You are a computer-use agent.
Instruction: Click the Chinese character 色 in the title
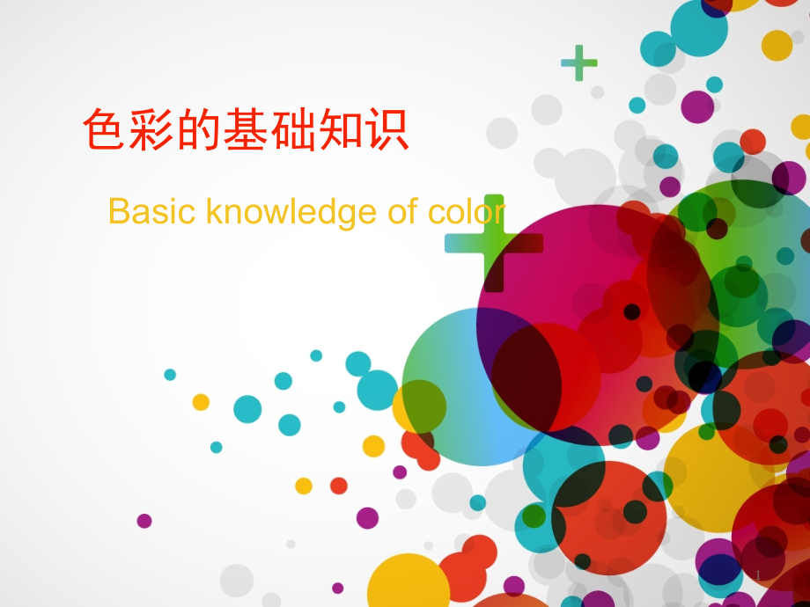(x=104, y=128)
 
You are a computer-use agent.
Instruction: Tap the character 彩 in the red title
(x=151, y=128)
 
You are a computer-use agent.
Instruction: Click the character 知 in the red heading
(x=340, y=128)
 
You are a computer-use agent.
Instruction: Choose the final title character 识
(x=387, y=128)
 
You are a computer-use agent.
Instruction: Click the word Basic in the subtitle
(x=151, y=211)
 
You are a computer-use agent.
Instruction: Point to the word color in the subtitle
(x=467, y=211)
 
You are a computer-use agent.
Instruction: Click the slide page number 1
(x=758, y=575)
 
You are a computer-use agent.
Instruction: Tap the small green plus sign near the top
(x=579, y=63)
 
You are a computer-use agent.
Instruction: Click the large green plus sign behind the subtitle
(x=494, y=243)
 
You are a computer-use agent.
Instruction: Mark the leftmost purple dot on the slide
(x=144, y=521)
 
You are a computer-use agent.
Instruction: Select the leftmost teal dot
(x=170, y=375)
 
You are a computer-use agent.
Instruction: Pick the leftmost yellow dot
(x=201, y=402)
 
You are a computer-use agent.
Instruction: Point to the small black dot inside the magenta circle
(x=632, y=311)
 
